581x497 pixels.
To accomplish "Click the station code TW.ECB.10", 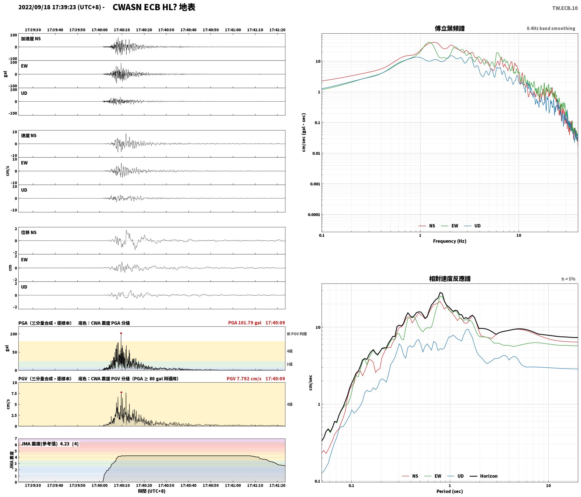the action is pyautogui.click(x=565, y=8).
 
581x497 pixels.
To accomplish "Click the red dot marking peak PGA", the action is pyautogui.click(x=121, y=333).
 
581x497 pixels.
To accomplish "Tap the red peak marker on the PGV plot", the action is pyautogui.click(x=121, y=392).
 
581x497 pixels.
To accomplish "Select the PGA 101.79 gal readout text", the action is pyautogui.click(x=245, y=323).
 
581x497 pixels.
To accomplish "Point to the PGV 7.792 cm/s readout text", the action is pyautogui.click(x=244, y=379).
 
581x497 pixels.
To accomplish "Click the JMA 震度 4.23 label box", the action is pyautogui.click(x=50, y=444).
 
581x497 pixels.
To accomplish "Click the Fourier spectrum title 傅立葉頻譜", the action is pyautogui.click(x=450, y=29).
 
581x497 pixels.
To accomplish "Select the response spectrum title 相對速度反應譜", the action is pyautogui.click(x=450, y=279).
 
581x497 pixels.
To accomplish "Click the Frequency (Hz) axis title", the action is pyautogui.click(x=450, y=241).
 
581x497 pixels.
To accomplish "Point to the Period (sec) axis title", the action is pyautogui.click(x=450, y=491).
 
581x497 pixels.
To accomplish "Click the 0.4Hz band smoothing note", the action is pyautogui.click(x=551, y=29).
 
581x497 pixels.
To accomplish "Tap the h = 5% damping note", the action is pyautogui.click(x=568, y=279).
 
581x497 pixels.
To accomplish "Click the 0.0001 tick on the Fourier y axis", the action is pyautogui.click(x=313, y=215).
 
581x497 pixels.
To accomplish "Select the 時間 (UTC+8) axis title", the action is pyautogui.click(x=152, y=491).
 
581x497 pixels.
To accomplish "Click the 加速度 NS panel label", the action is pyautogui.click(x=31, y=39).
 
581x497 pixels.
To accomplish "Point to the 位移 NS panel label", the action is pyautogui.click(x=29, y=232).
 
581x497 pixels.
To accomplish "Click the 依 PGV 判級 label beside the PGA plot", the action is pyautogui.click(x=297, y=334).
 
